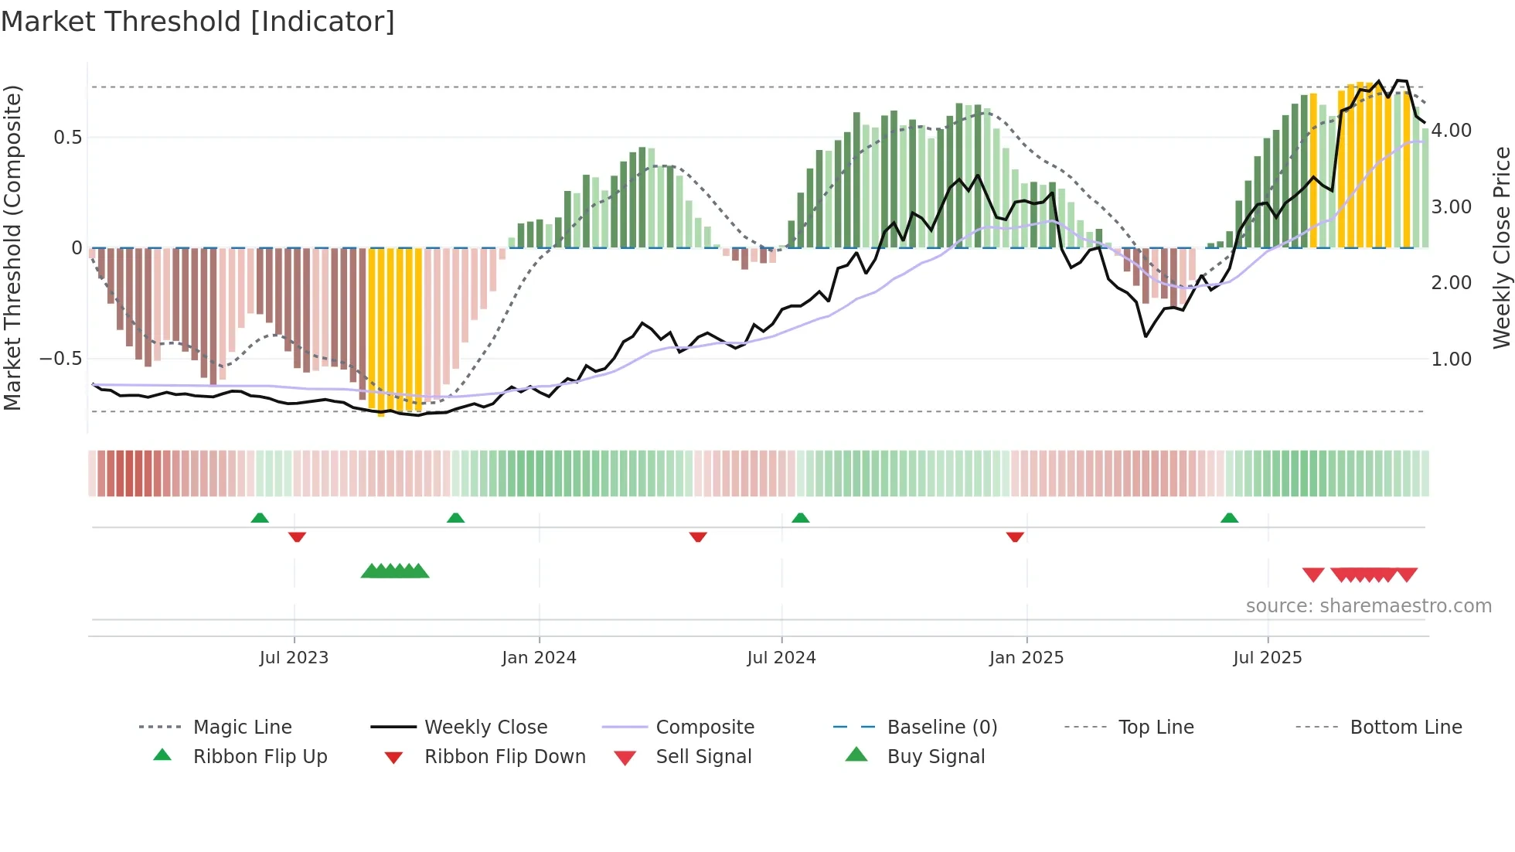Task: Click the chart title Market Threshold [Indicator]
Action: (198, 22)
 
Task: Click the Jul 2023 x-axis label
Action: (294, 658)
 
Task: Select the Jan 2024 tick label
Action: (539, 658)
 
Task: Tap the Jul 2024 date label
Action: (781, 658)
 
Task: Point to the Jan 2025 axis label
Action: (1026, 658)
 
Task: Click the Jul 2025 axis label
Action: (1268, 658)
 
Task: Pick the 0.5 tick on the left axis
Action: (67, 138)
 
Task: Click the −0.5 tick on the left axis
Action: (60, 359)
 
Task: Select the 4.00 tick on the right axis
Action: (1451, 131)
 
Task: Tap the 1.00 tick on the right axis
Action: (1451, 360)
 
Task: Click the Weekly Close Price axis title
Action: (1501, 247)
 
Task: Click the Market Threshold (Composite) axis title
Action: (12, 247)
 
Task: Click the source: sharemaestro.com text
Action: (1368, 606)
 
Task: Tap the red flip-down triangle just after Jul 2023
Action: (297, 537)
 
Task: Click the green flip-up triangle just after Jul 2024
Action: (801, 518)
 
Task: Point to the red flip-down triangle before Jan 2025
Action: (1015, 537)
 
